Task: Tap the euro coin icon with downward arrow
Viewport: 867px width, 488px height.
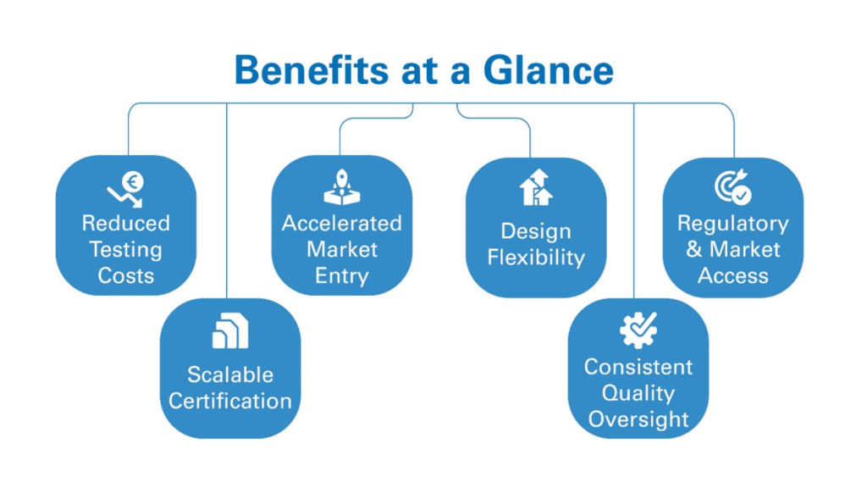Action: [x=126, y=189]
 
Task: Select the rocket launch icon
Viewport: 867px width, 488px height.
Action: [x=342, y=187]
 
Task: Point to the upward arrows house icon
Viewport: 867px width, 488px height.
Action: [x=535, y=188]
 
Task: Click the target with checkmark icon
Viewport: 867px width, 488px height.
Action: [x=732, y=188]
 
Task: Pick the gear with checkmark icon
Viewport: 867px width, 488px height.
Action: [x=638, y=330]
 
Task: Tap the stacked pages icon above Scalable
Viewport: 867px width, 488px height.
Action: [x=229, y=331]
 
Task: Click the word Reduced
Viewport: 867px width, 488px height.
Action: [x=126, y=224]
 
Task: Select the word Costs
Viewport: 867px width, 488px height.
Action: [x=126, y=275]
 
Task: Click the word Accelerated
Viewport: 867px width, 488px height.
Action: [x=342, y=224]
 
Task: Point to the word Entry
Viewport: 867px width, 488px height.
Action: [x=342, y=275]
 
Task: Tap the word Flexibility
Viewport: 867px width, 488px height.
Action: [x=536, y=258]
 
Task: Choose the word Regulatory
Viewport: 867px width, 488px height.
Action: [x=732, y=224]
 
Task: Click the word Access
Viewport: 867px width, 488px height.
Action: [x=732, y=275]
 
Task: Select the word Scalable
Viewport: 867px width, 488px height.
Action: [x=230, y=374]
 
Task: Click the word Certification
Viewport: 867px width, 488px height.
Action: [x=230, y=401]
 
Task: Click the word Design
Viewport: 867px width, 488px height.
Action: [x=536, y=231]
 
